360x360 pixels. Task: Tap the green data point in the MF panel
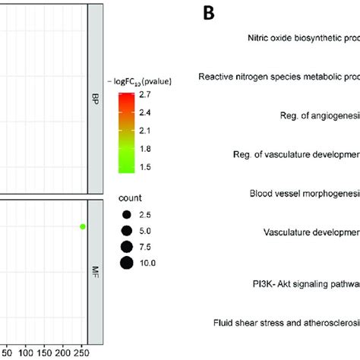[x=83, y=226]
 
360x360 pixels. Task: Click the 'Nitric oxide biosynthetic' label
[x=303, y=36]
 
